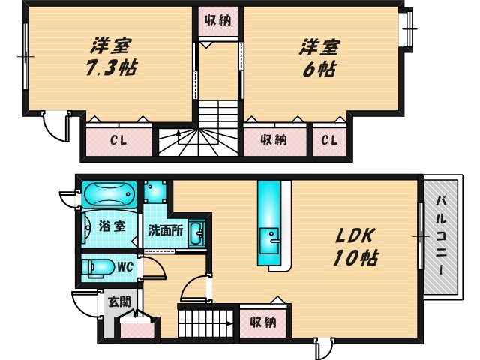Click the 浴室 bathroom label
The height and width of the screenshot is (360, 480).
tap(104, 224)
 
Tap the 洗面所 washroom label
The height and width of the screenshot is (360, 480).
tap(163, 231)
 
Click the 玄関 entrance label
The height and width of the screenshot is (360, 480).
tap(118, 302)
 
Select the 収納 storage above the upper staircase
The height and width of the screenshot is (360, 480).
tap(219, 21)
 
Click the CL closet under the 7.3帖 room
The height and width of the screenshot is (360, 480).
tap(118, 140)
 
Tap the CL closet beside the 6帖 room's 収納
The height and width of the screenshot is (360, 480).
tap(329, 140)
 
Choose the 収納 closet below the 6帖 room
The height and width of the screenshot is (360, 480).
tap(274, 140)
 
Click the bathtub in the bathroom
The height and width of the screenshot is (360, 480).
tap(109, 196)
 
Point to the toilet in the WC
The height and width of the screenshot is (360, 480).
tap(97, 266)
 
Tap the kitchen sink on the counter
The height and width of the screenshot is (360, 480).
tap(271, 240)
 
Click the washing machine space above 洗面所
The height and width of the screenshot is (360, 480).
tap(155, 190)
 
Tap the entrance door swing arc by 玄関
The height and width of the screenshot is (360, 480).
tap(84, 302)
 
